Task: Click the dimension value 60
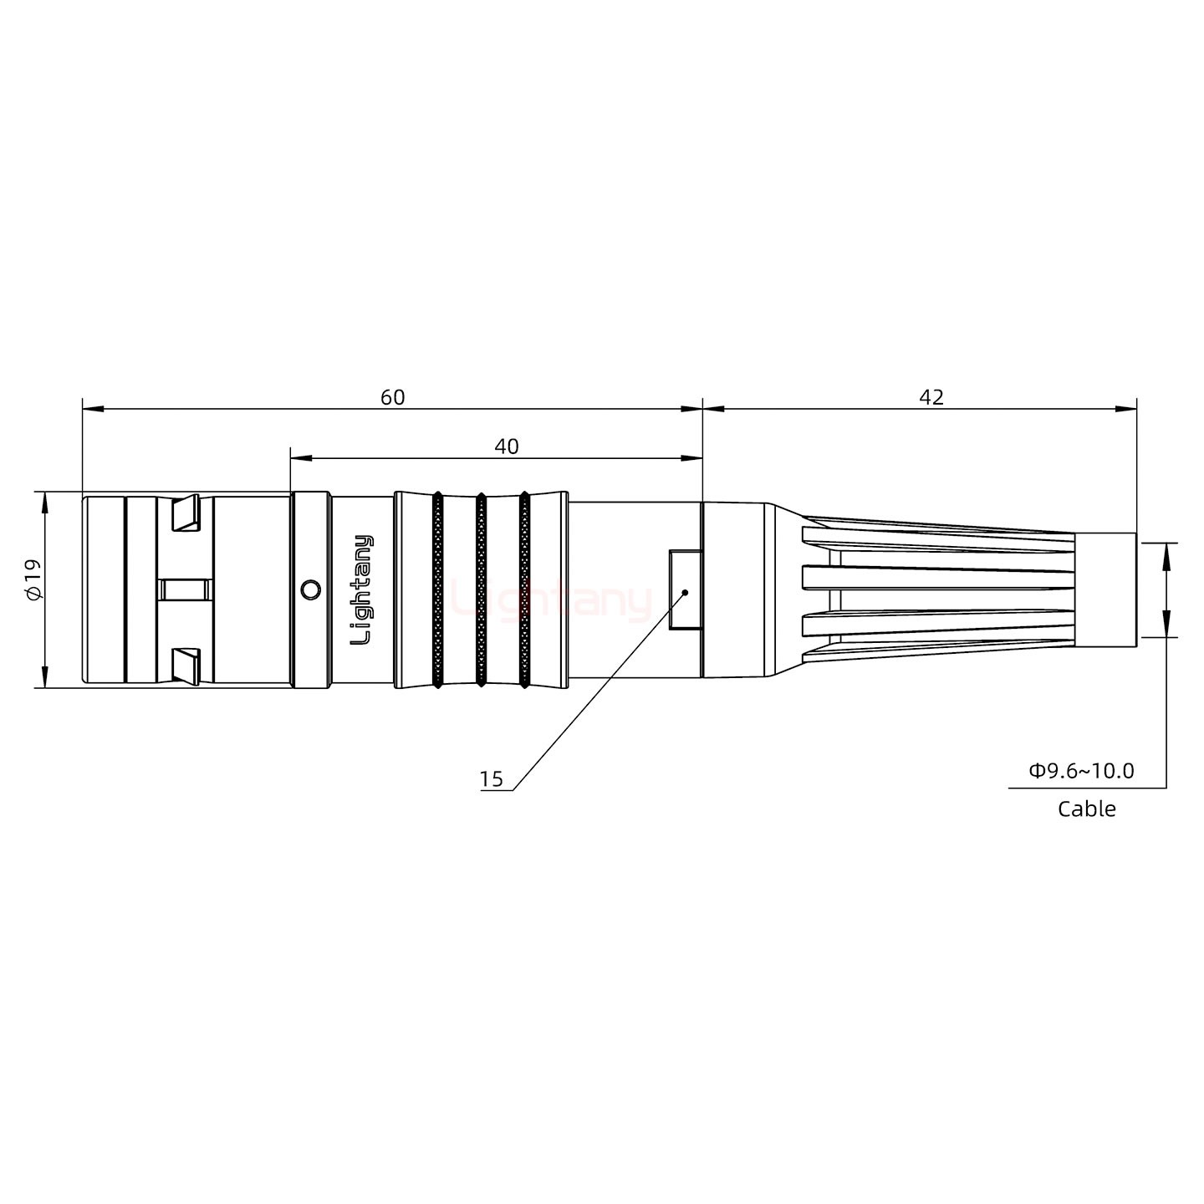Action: [x=392, y=397]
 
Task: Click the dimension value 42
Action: [x=931, y=397]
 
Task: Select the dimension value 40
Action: [x=506, y=446]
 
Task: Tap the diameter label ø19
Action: [x=33, y=579]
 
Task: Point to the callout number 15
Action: [x=492, y=779]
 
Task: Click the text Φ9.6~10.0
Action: [x=1081, y=771]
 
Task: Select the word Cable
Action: [x=1086, y=809]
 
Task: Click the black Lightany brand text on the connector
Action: [x=362, y=589]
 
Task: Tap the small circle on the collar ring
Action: [x=310, y=589]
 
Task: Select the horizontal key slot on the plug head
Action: [x=185, y=589]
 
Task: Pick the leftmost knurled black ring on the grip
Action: [x=437, y=589]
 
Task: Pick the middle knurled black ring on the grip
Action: [x=481, y=589]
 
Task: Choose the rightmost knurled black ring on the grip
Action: [x=524, y=589]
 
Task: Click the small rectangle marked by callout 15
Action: [x=685, y=589]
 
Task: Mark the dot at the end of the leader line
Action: [x=685, y=592]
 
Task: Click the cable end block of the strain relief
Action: [x=1105, y=589]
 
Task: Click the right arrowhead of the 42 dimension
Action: [x=1129, y=409]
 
